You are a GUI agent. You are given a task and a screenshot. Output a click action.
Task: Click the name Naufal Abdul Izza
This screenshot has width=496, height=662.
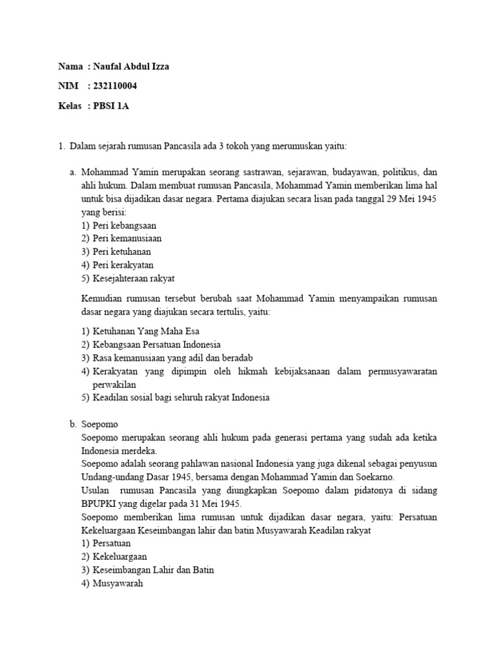pyautogui.click(x=132, y=67)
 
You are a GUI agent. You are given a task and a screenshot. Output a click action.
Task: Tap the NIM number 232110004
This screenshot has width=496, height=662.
pyautogui.click(x=116, y=86)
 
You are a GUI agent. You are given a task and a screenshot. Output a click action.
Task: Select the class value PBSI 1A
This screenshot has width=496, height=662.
pyautogui.click(x=111, y=106)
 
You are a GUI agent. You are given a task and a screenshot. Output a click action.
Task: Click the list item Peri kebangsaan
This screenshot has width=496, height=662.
pyautogui.click(x=125, y=226)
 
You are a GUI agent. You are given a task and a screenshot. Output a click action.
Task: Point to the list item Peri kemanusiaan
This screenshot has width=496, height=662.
pyautogui.click(x=127, y=239)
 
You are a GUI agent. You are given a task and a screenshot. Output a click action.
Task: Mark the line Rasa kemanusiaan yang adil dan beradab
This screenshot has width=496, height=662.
pyautogui.click(x=172, y=358)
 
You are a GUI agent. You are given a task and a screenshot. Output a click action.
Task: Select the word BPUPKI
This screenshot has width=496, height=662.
pyautogui.click(x=101, y=504)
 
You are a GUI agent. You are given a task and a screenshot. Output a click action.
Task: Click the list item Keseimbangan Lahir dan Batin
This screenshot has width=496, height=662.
pyautogui.click(x=153, y=570)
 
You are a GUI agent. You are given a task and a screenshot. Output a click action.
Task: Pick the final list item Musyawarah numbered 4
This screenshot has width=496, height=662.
pyautogui.click(x=118, y=583)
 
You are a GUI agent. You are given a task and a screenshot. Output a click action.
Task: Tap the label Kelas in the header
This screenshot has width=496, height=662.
pyautogui.click(x=69, y=106)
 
